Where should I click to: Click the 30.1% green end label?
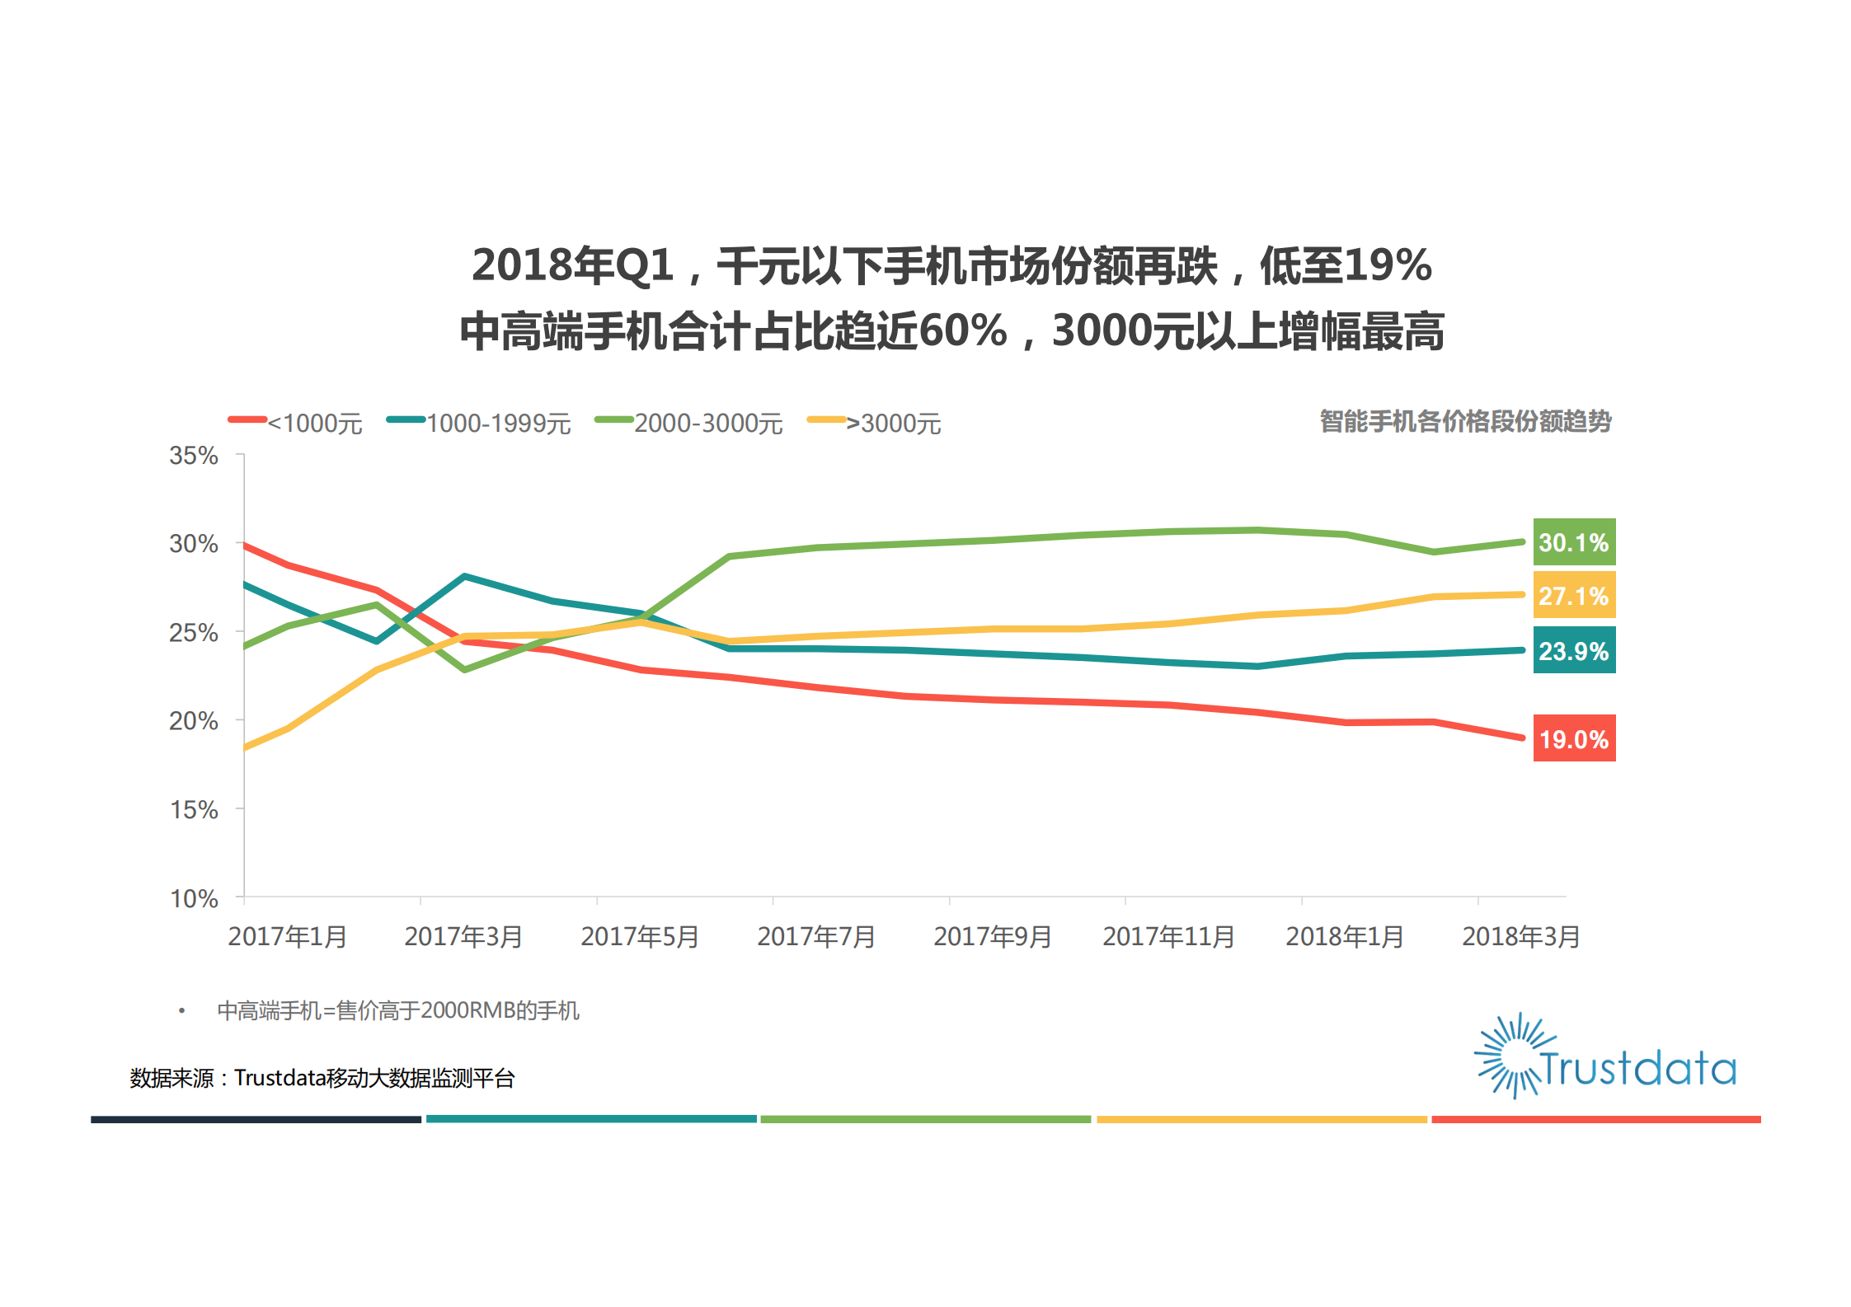click(1573, 542)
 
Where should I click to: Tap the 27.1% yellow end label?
click(1573, 595)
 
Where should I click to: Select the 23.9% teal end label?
click(1573, 650)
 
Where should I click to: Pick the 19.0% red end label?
click(1573, 738)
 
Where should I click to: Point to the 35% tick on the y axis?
click(194, 455)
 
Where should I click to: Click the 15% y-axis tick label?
click(194, 809)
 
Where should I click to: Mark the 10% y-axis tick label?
click(194, 897)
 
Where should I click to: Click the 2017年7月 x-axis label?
click(816, 936)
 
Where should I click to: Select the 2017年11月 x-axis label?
click(1168, 936)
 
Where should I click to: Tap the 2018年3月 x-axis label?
click(1520, 936)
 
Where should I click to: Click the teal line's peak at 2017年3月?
click(465, 576)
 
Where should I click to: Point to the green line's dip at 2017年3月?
click(465, 669)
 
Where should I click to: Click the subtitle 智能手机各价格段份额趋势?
click(1465, 421)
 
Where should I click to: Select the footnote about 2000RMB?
click(397, 1010)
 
